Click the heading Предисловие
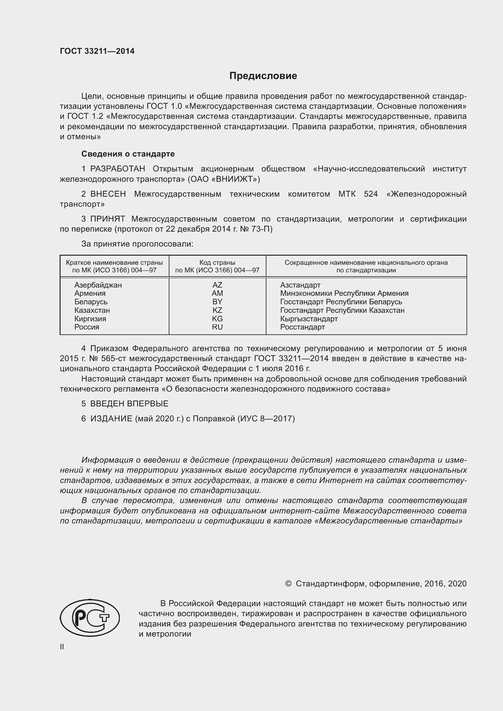point(263,76)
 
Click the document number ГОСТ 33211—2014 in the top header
point(97,51)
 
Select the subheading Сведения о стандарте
point(128,154)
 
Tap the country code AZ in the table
point(217,285)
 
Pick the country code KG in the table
point(217,319)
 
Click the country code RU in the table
point(217,327)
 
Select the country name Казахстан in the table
point(92,310)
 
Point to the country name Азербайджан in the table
point(98,285)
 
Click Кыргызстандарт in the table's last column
point(309,319)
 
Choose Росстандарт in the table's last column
point(302,327)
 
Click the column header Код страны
point(217,263)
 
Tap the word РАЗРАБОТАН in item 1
point(118,169)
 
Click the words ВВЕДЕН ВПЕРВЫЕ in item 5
point(129,404)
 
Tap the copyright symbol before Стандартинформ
point(288,584)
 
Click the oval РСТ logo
point(90,618)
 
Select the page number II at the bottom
point(62,647)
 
